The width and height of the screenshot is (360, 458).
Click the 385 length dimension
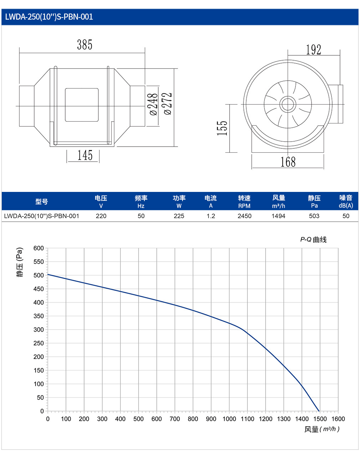coord(84,45)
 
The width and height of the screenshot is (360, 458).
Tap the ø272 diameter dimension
coord(168,104)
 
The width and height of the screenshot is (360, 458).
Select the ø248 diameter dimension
coord(154,104)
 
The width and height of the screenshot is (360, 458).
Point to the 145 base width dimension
coord(85,155)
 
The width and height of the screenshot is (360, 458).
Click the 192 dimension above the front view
coord(313,50)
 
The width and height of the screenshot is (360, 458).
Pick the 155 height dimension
coord(222,128)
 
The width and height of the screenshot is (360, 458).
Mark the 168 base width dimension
coord(288,162)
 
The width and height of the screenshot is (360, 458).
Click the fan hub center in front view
coord(288,104)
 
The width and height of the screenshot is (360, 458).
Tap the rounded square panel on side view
coord(82,105)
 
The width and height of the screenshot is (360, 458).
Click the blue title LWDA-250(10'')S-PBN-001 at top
coord(49,17)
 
